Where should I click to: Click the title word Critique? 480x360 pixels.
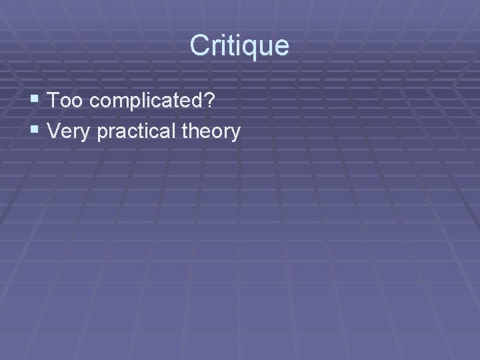[x=239, y=46]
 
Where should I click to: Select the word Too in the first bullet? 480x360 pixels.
[x=64, y=102]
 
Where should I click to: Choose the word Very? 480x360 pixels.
[x=70, y=132]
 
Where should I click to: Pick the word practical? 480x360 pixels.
[x=138, y=132]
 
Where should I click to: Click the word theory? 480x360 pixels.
[x=211, y=132]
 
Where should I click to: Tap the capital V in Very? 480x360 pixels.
[x=55, y=131]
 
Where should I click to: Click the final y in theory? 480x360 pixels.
[x=235, y=134]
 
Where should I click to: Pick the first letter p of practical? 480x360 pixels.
[x=103, y=134]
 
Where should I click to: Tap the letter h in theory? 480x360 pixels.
[x=195, y=131]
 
